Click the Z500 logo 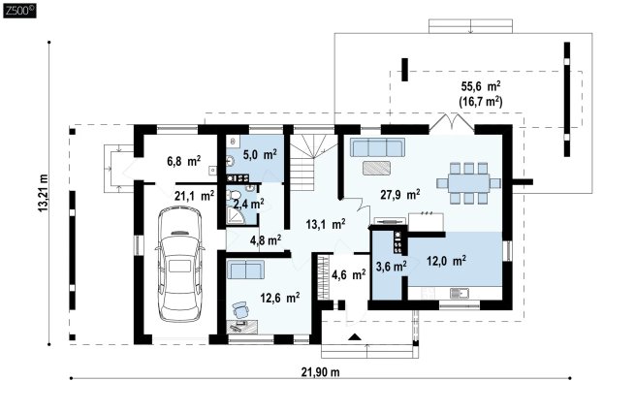19,11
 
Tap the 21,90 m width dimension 320,372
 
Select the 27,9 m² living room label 399,195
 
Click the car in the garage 179,265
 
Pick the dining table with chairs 468,183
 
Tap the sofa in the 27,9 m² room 377,147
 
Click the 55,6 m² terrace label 481,86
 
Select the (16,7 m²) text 481,101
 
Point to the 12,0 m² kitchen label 446,261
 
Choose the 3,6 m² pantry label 392,267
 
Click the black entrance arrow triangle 355,336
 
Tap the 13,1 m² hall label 326,224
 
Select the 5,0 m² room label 260,154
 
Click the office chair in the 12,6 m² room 241,310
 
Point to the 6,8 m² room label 183,161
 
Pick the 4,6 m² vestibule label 349,275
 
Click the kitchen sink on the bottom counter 459,293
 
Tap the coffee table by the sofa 376,168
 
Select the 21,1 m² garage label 195,197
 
